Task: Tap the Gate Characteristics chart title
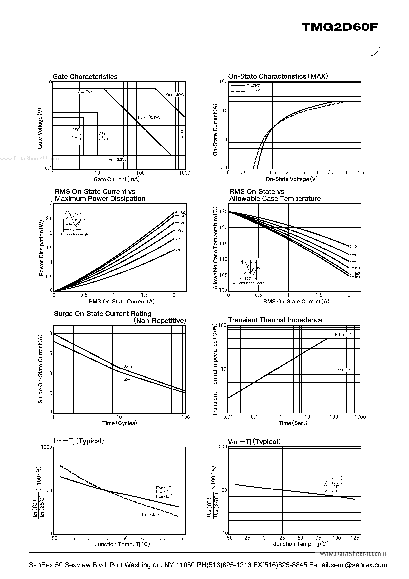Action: point(85,77)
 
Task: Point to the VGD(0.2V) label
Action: point(117,160)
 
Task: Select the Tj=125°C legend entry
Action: point(255,91)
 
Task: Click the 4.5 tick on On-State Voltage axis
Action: point(360,173)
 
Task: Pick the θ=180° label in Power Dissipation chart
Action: point(181,213)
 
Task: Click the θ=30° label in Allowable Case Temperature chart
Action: point(355,246)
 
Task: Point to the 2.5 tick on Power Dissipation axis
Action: point(49,218)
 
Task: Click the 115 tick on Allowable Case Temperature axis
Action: point(223,244)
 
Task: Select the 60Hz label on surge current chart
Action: point(128,366)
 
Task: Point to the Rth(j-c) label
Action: point(343,370)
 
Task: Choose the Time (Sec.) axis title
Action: point(293,423)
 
